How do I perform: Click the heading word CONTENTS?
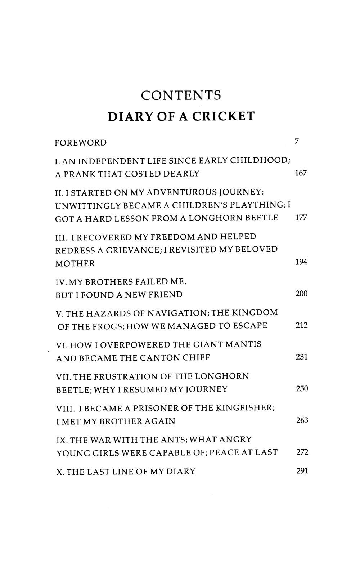click(181, 95)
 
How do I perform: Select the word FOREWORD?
click(81, 143)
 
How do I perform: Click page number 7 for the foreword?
click(297, 142)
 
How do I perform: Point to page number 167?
click(300, 173)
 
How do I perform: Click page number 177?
click(301, 218)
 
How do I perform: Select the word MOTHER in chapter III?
click(75, 263)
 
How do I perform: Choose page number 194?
click(301, 262)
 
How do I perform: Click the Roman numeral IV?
click(61, 281)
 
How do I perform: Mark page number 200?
click(301, 294)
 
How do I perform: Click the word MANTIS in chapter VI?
click(243, 345)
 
